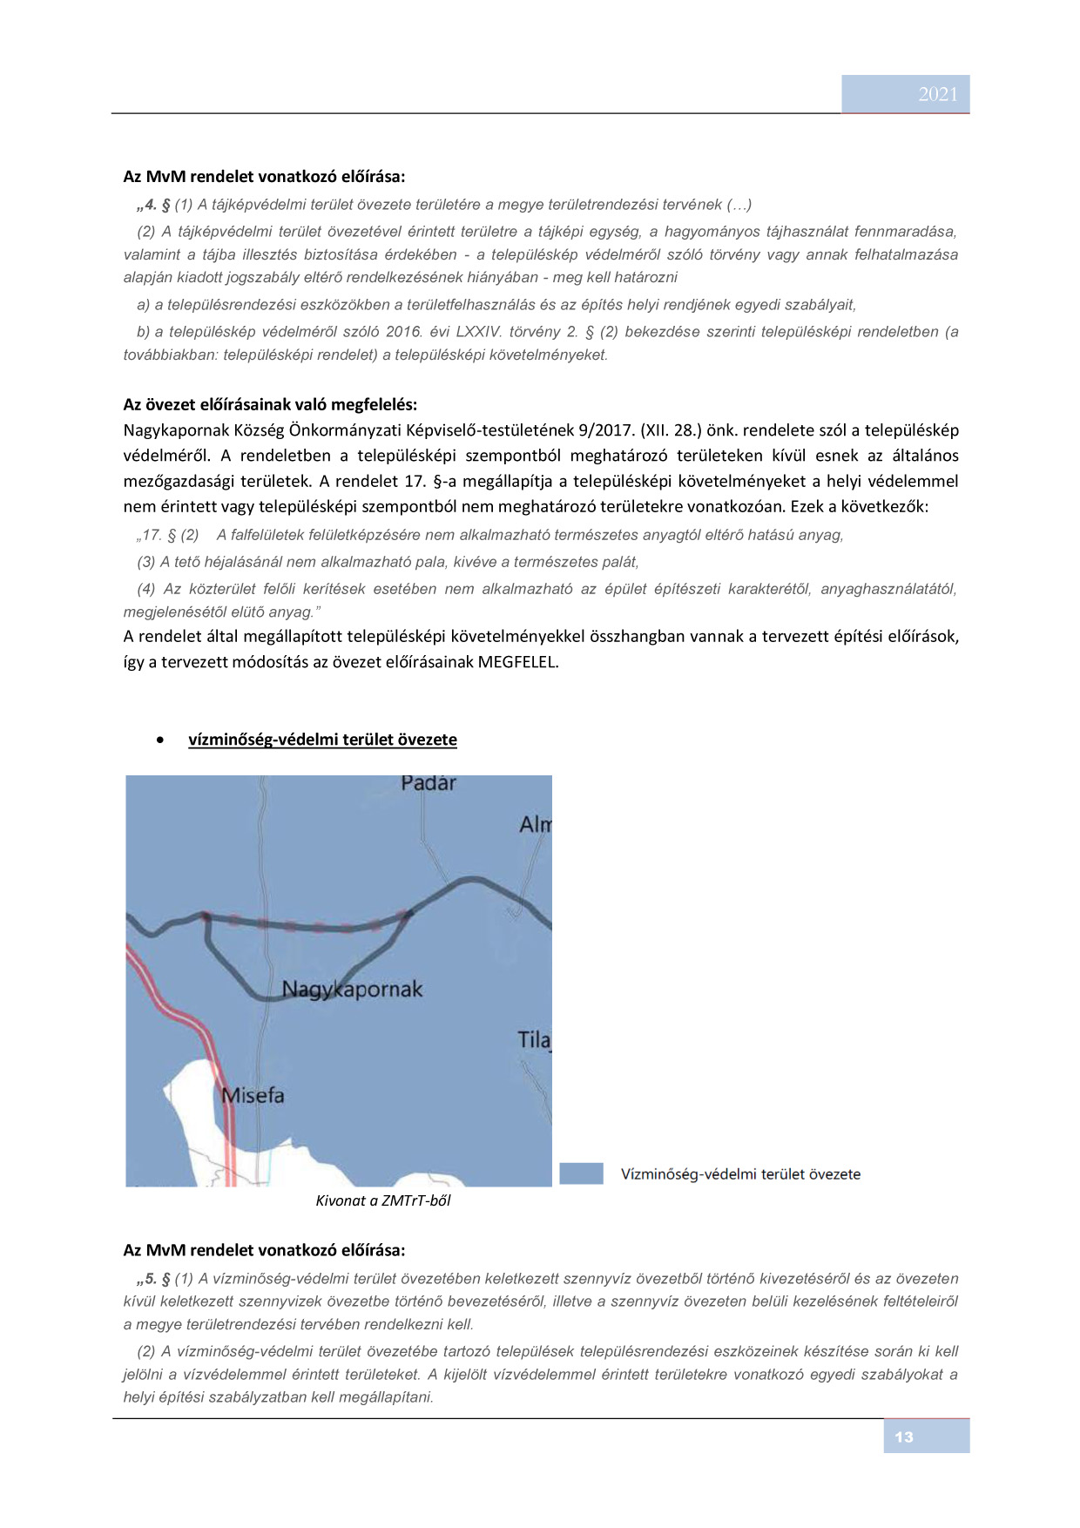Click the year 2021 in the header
937,94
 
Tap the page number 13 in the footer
904,1437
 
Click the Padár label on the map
428,783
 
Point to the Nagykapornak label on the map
352,990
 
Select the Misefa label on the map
253,1095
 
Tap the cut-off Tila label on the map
534,1039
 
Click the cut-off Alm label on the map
535,824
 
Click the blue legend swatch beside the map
581,1173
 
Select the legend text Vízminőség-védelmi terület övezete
740,1174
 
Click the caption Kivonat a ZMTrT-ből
383,1200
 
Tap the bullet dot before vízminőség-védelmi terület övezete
160,740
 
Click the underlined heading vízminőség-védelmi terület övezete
322,740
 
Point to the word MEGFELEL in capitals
516,661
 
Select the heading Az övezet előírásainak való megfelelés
270,404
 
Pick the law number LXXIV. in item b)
477,332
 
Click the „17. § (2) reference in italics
168,535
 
